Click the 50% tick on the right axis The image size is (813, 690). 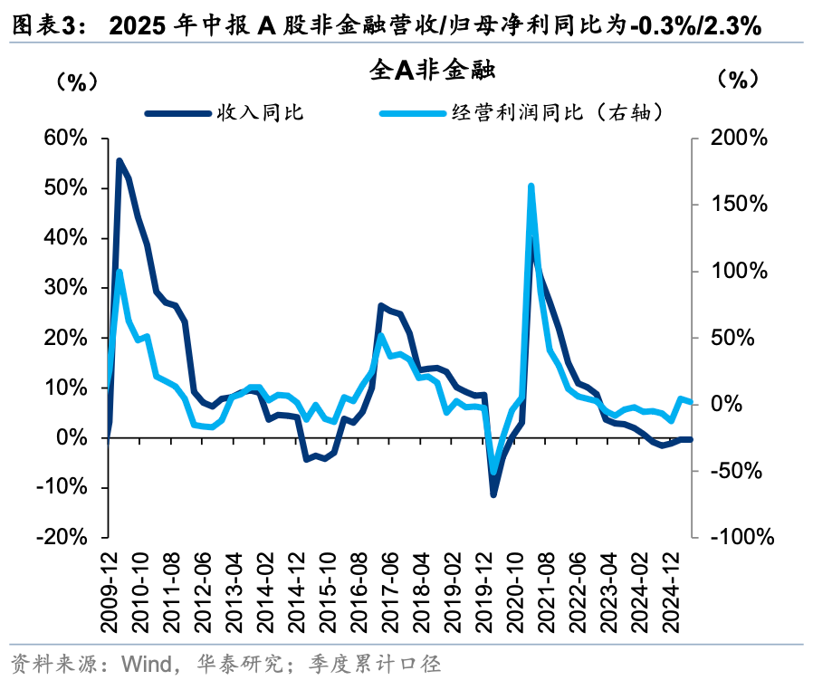(x=734, y=338)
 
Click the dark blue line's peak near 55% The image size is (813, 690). (x=120, y=161)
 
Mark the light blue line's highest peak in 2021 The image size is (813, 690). (x=531, y=187)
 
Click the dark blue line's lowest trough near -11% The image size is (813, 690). (x=493, y=494)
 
